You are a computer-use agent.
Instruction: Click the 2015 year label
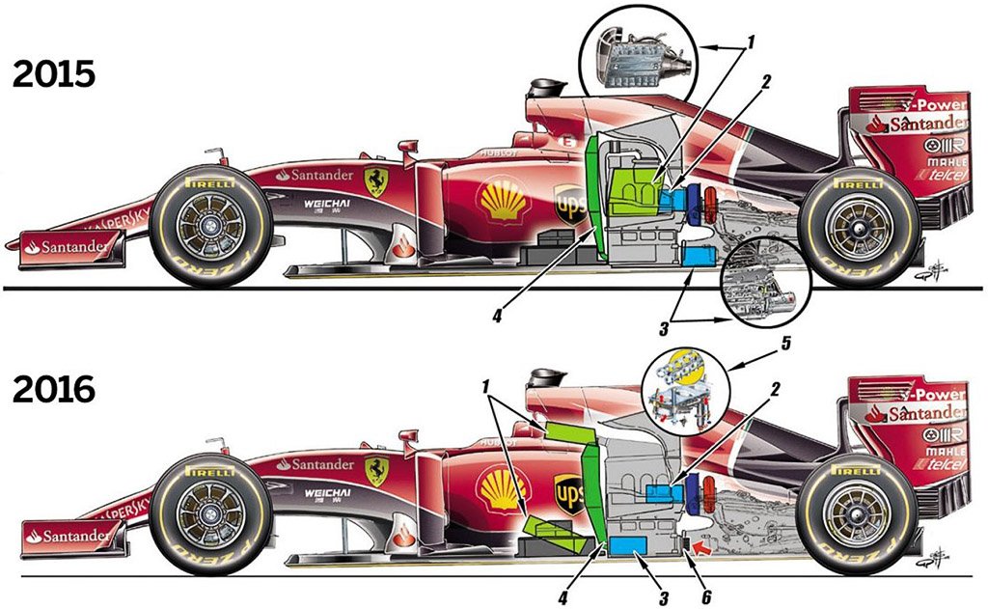click(53, 74)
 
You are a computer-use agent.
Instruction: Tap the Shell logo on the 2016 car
click(504, 489)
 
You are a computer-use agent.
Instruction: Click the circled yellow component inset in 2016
click(685, 391)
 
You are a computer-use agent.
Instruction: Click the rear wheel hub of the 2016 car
click(855, 517)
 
